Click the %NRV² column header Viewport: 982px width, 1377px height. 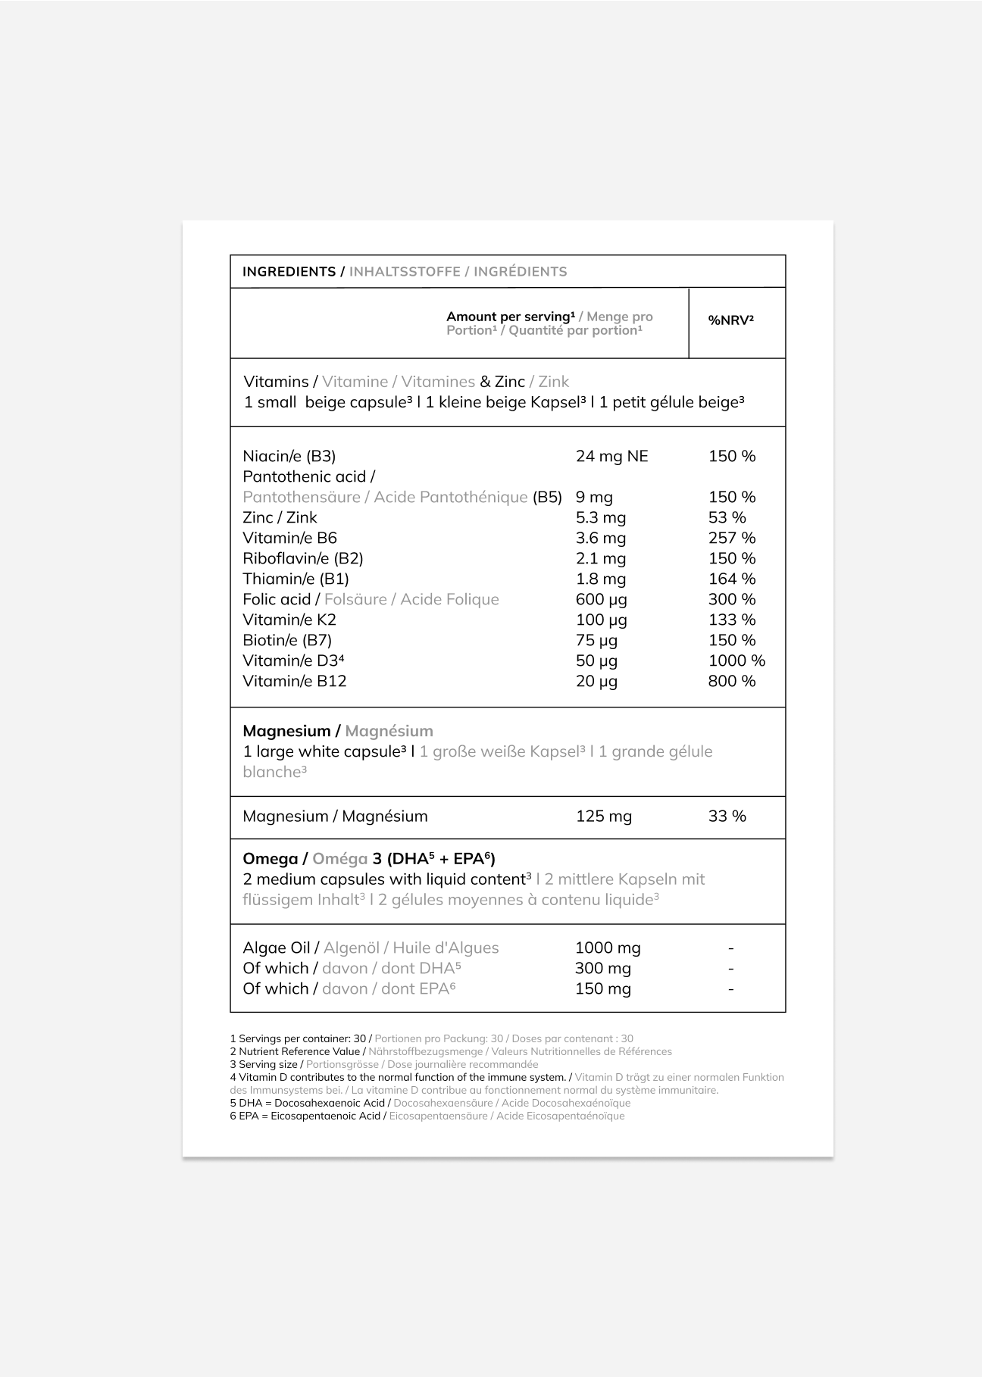[x=730, y=320]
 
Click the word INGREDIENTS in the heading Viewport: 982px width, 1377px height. [x=289, y=272]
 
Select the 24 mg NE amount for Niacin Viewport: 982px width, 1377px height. [x=611, y=456]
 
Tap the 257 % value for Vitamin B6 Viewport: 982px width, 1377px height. [x=731, y=538]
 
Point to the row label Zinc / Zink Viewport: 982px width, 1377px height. [x=280, y=517]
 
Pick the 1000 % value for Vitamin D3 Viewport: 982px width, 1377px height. [x=736, y=660]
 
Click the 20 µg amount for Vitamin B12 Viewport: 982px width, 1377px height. [x=596, y=681]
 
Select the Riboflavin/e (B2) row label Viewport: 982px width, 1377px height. [x=302, y=558]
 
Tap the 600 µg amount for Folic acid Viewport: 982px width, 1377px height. [x=601, y=599]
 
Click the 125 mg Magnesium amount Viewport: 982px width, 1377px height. [x=603, y=817]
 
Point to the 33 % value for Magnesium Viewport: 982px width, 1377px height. [x=727, y=817]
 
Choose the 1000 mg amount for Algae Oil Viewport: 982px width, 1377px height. [x=608, y=948]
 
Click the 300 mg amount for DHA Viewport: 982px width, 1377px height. [x=602, y=968]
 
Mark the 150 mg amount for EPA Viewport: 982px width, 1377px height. [x=602, y=988]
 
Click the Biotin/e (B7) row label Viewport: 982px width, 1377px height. [x=287, y=640]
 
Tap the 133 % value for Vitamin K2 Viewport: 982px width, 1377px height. [x=731, y=620]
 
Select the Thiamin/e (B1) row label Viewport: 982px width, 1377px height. [x=296, y=579]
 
